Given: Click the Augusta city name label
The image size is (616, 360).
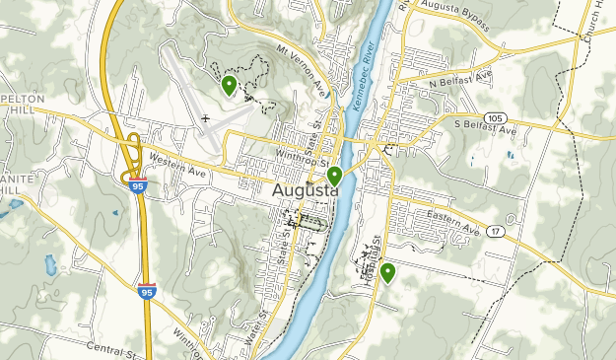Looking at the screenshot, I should [x=305, y=191].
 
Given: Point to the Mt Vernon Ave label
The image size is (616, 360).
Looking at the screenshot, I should [x=301, y=71].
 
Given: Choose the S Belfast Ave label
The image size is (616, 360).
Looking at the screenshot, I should [x=484, y=127].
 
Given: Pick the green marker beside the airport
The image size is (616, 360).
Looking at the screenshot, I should [x=229, y=86].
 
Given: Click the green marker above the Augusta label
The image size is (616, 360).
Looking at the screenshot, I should [x=335, y=177].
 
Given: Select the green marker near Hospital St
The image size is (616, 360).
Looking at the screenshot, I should [x=388, y=272].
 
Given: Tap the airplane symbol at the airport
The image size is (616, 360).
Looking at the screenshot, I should [x=206, y=120].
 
